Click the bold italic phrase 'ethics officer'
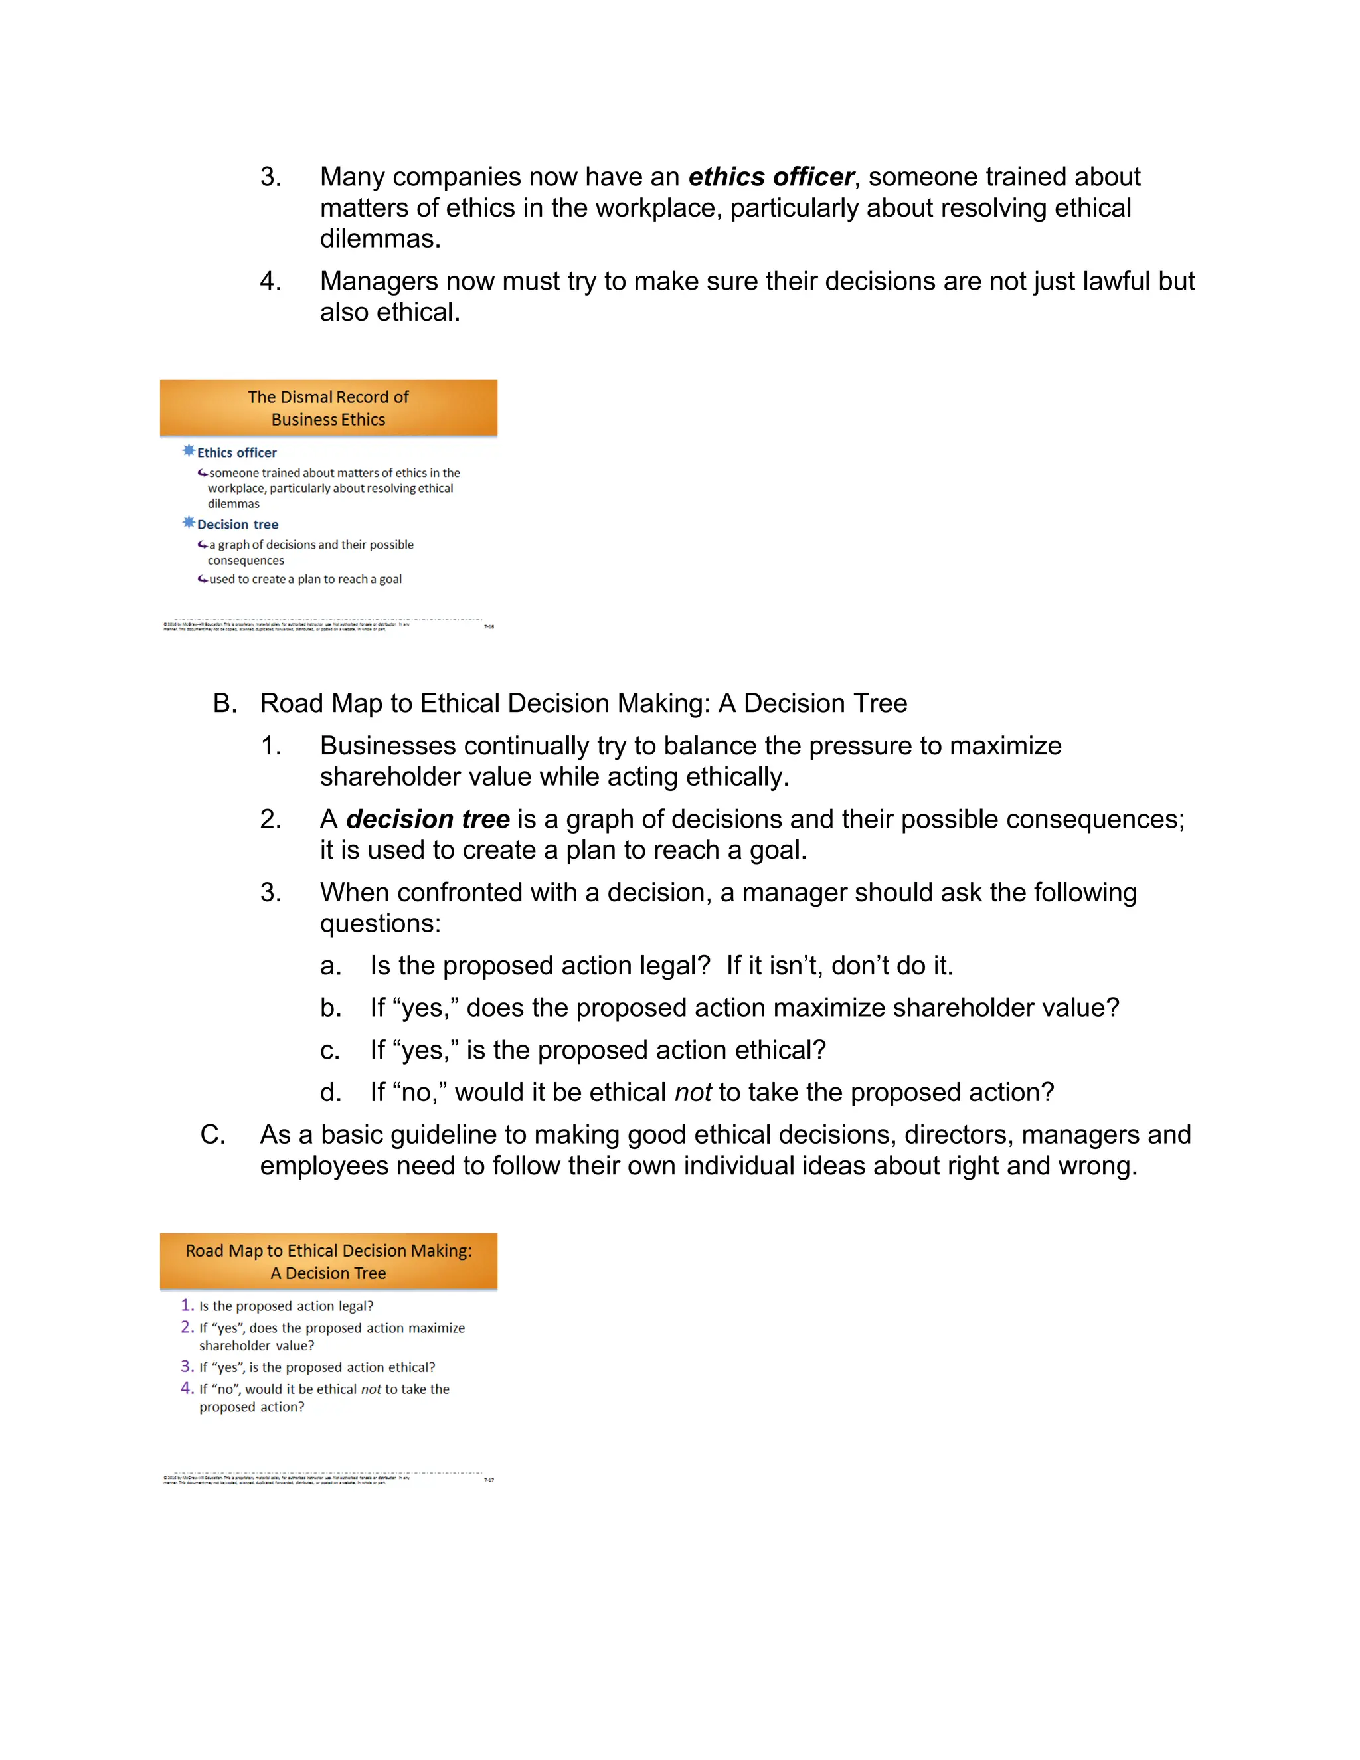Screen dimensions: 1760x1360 tap(770, 177)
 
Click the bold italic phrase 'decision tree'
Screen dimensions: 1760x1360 tap(428, 819)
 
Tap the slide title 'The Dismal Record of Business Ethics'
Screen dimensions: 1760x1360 tap(328, 408)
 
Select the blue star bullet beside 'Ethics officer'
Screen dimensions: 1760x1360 tap(189, 451)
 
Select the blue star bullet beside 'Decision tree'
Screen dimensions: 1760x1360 tap(189, 523)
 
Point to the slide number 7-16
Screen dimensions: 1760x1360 tap(488, 626)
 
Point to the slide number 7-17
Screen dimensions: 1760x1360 tap(488, 1480)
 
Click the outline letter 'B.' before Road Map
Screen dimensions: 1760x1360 tap(225, 703)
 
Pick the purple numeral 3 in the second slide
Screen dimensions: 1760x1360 tap(186, 1367)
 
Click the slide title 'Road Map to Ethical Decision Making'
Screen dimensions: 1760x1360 tap(328, 1261)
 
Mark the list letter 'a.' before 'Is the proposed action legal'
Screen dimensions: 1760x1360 tap(330, 966)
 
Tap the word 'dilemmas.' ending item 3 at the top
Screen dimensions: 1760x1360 tap(381, 238)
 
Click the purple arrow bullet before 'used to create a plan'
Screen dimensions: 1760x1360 tap(203, 578)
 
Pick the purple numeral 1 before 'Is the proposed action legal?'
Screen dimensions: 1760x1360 tap(186, 1306)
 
